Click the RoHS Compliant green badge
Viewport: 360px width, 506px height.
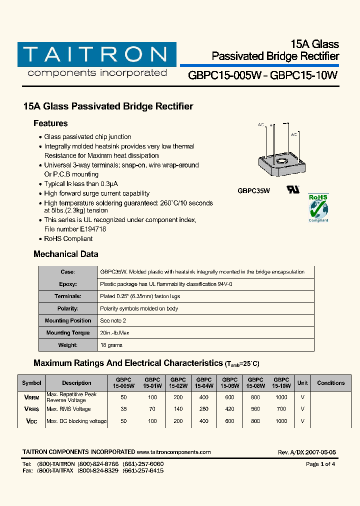pos(318,207)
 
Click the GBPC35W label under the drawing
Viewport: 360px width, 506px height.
pos(253,190)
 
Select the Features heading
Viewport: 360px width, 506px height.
pos(50,123)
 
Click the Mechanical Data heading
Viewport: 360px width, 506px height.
pos(66,254)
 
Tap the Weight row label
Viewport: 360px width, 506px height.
pos(67,345)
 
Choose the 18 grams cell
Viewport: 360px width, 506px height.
pos(111,345)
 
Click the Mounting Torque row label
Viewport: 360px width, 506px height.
pos(67,333)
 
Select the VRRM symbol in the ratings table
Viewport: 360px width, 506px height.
pos(31,397)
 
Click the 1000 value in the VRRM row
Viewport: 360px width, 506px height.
pos(281,397)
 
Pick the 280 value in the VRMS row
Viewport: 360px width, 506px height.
pos(204,409)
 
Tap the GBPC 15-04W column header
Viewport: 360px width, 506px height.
pos(204,383)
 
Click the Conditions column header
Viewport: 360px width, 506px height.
pos(330,383)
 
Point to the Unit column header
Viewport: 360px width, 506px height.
pos(302,383)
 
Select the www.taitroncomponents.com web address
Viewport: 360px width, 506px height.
pos(173,452)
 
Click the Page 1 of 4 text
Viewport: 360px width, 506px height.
pos(320,464)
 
